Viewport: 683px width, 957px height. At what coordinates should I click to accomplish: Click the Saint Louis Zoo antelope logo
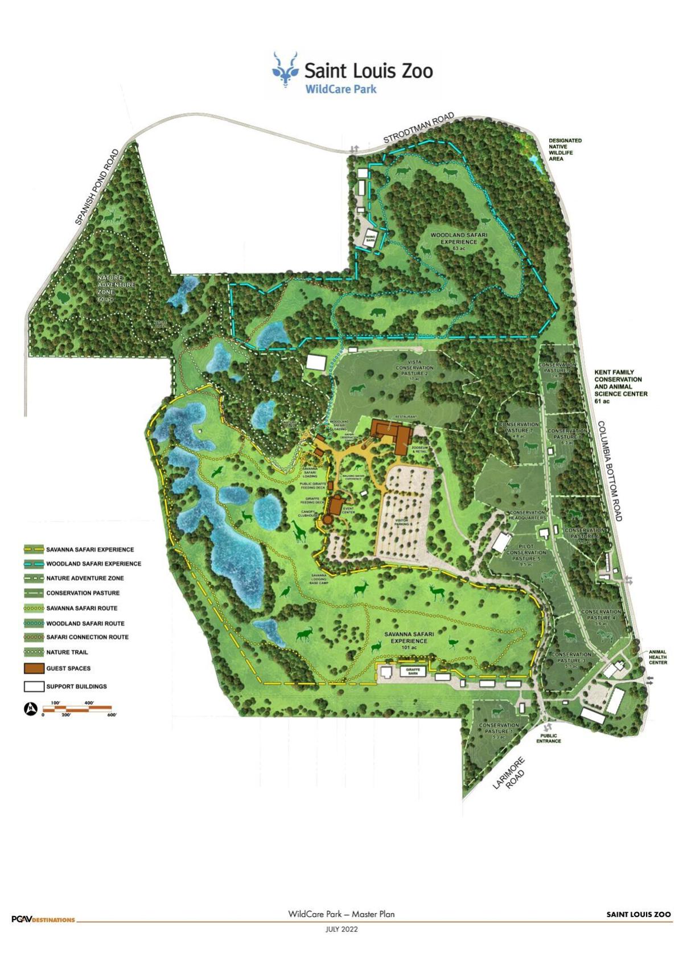[x=285, y=70]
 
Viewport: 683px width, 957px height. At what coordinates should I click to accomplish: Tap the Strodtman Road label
[x=418, y=128]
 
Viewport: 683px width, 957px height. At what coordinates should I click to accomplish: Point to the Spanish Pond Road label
[x=97, y=187]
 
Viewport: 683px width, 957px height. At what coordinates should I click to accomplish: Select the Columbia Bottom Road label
[x=610, y=471]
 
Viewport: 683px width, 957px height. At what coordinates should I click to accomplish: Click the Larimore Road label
[x=509, y=773]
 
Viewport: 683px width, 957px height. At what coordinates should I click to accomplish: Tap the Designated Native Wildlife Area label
[x=565, y=150]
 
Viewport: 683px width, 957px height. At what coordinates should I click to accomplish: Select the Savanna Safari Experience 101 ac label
[x=409, y=640]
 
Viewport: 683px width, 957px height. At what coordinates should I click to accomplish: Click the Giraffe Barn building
[x=413, y=671]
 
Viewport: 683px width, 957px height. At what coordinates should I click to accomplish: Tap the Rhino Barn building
[x=371, y=239]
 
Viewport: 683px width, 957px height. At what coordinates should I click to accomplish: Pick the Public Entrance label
[x=548, y=738]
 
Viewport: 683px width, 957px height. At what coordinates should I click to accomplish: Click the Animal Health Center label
[x=657, y=657]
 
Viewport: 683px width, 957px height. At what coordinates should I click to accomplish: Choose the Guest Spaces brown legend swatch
[x=34, y=668]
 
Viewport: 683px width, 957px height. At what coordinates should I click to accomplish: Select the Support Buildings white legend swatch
[x=34, y=687]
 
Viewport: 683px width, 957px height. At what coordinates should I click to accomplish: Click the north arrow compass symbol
[x=31, y=709]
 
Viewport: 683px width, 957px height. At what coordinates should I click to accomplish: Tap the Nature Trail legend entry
[x=67, y=652]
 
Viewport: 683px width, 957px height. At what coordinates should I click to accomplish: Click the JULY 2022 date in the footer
[x=341, y=929]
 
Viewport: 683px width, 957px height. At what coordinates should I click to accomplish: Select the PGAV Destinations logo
[x=43, y=919]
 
